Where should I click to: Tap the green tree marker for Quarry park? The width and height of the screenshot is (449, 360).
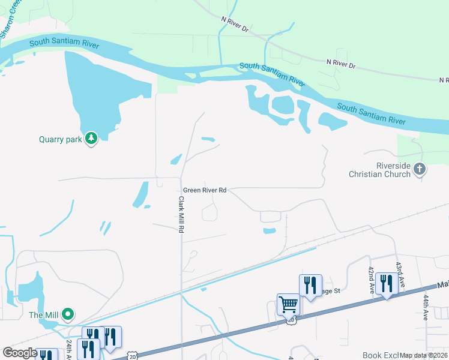click(91, 139)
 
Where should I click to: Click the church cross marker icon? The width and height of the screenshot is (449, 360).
click(420, 170)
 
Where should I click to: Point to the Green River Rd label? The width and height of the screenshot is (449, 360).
click(205, 190)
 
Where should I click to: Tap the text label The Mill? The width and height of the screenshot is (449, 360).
click(44, 315)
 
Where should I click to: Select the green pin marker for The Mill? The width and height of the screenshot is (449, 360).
click(68, 314)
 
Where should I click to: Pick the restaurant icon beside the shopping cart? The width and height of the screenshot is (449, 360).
click(310, 284)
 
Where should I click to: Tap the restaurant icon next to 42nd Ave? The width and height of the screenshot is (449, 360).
click(386, 284)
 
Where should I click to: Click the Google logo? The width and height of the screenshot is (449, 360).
click(20, 353)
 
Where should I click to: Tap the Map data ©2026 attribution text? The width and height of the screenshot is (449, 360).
click(424, 355)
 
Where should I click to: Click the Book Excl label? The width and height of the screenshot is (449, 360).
click(380, 355)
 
